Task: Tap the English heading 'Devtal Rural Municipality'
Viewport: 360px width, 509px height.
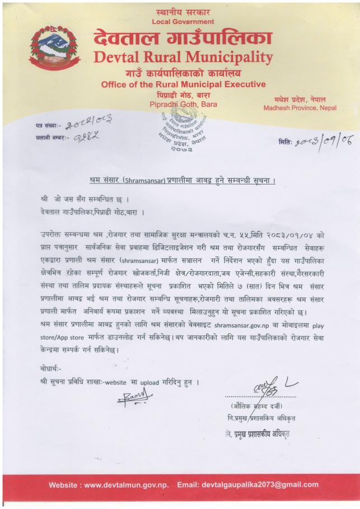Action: (x=183, y=57)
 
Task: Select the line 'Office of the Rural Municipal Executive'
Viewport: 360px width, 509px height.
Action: (x=183, y=84)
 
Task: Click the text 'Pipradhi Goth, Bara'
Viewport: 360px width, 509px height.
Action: (x=183, y=103)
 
